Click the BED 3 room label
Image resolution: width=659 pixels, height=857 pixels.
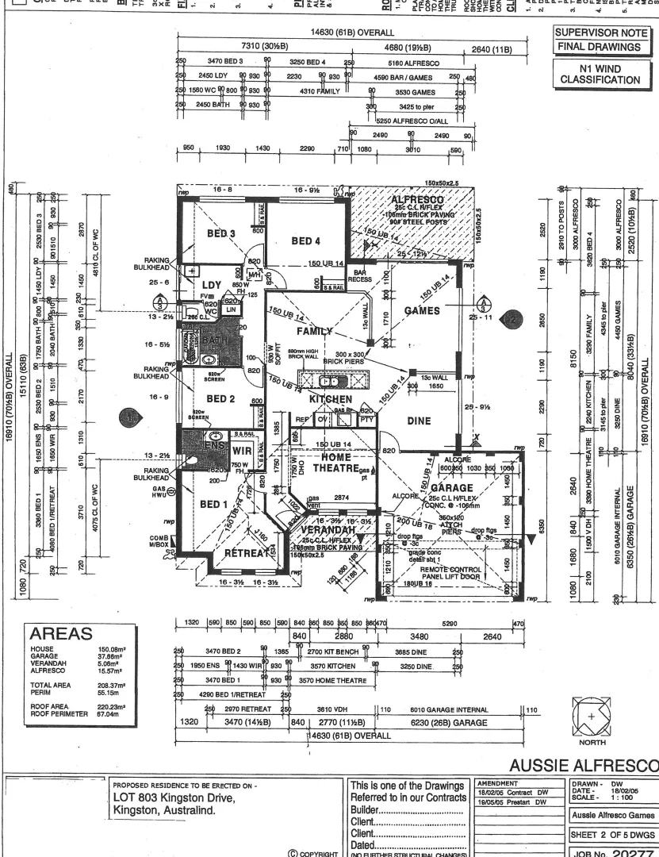tap(222, 233)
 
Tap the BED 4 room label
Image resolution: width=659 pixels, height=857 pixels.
tap(306, 240)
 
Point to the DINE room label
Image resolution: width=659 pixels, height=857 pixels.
tap(420, 422)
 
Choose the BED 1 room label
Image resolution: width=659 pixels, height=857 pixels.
tap(215, 505)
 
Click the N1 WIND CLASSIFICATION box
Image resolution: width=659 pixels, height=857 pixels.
tap(607, 74)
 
